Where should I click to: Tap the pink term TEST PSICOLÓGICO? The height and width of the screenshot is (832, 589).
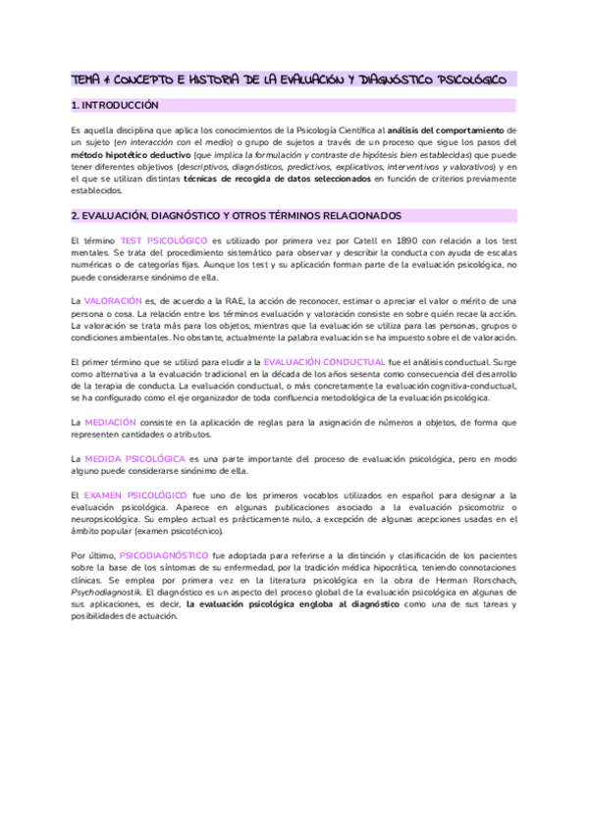tap(164, 240)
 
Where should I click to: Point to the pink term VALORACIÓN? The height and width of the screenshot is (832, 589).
tap(112, 299)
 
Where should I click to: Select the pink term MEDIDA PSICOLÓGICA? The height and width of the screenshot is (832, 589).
tap(134, 458)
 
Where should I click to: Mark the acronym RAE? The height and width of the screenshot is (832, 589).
tap(225, 299)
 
